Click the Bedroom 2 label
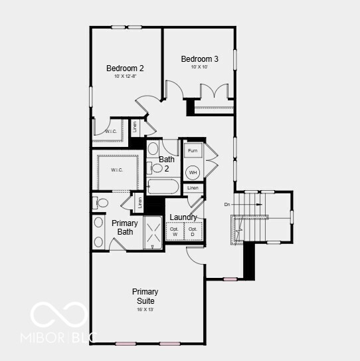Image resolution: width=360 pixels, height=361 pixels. tap(125, 68)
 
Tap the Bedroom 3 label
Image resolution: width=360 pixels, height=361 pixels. tap(199, 59)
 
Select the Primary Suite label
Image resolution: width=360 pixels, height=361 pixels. tap(145, 297)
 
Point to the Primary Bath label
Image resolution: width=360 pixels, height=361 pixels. tap(125, 227)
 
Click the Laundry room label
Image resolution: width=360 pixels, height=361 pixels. tap(183, 217)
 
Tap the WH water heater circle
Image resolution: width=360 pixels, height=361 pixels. tap(193, 172)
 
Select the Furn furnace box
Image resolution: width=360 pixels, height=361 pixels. tap(192, 151)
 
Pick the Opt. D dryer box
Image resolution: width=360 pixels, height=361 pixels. tap(193, 231)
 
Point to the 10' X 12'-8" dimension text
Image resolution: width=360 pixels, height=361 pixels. tap(125, 77)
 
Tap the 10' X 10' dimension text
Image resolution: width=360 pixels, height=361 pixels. tap(199, 67)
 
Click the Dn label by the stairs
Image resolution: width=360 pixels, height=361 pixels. tap(227, 203)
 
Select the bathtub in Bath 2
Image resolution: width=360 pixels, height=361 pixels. tap(163, 187)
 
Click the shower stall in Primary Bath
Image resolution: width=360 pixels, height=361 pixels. tap(153, 233)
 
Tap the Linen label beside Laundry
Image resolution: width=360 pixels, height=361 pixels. tap(192, 188)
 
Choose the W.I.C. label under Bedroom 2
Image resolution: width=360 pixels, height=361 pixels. tap(111, 132)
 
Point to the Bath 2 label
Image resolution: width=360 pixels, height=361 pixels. tap(167, 164)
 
